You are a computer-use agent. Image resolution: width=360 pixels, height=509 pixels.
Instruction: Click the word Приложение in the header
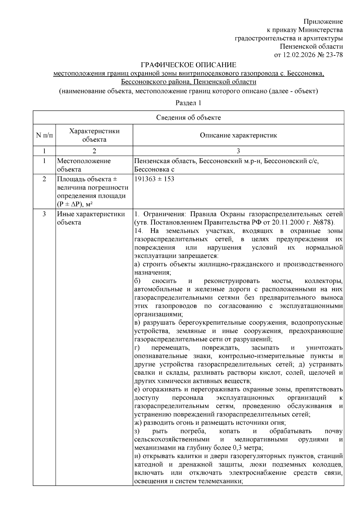tap(323, 22)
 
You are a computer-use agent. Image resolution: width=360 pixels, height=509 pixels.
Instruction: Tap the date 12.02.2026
tap(299, 55)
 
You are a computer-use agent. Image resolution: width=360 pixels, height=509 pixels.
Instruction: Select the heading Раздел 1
tap(188, 103)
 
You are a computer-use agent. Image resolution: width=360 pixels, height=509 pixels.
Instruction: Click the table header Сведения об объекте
tap(188, 118)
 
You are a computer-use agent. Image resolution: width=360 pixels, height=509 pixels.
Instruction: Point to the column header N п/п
tap(44, 135)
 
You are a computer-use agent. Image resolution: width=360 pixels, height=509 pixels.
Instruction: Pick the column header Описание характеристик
tap(238, 135)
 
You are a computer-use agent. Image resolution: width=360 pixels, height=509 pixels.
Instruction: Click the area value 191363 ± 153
tap(154, 179)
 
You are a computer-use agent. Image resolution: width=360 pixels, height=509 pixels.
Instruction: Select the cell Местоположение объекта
tap(84, 165)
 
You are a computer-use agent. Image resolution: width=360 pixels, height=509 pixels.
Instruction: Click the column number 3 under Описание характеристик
tap(238, 151)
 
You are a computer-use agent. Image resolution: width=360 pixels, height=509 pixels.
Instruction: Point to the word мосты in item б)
tap(282, 281)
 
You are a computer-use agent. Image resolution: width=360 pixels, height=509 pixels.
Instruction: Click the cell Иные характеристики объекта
tap(91, 218)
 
